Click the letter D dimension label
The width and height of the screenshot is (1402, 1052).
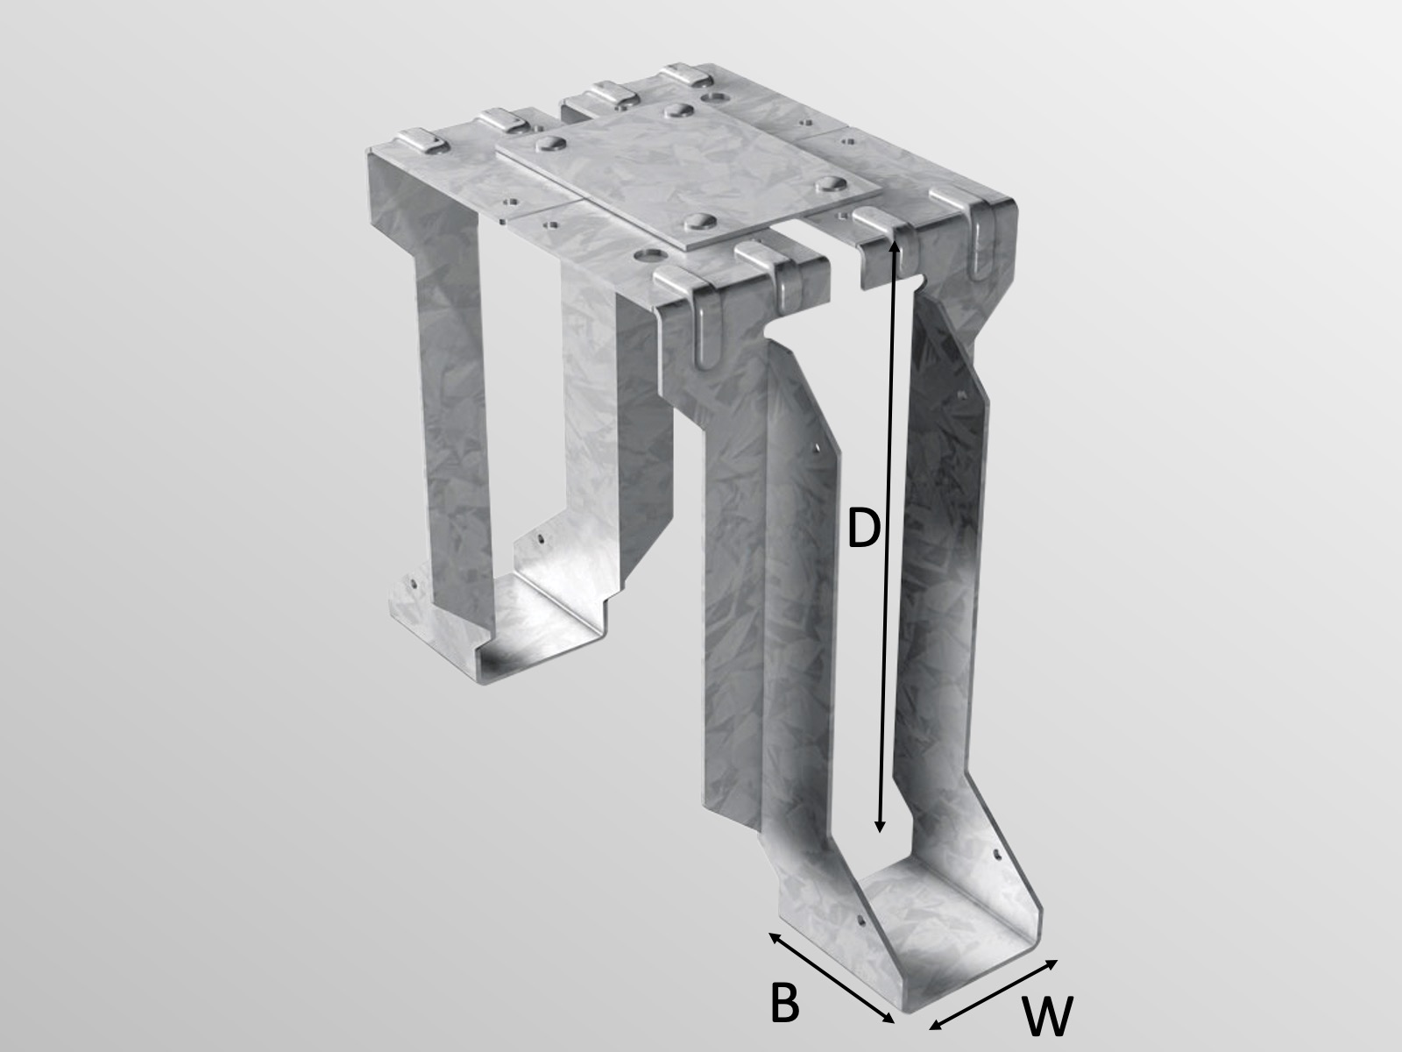[x=863, y=530]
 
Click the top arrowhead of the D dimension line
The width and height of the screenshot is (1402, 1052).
[x=895, y=247]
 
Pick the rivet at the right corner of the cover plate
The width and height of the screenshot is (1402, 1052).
[x=825, y=185]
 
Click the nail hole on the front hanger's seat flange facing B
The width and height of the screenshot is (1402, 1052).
[x=860, y=921]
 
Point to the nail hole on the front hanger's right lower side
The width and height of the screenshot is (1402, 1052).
[x=996, y=851]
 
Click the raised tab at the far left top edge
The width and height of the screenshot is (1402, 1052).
[x=413, y=140]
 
